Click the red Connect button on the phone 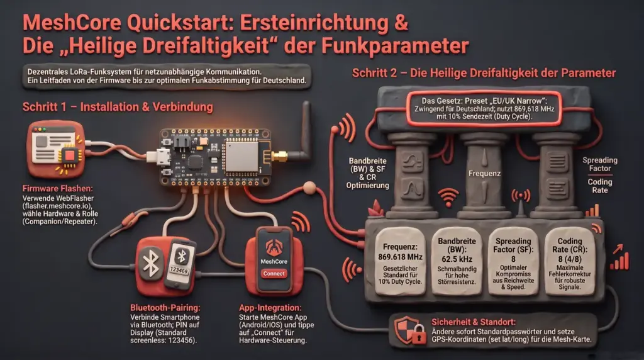click(x=274, y=274)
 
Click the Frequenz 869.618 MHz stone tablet click(x=400, y=262)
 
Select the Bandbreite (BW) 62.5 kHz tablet click(x=457, y=261)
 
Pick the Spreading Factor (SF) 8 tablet click(x=513, y=261)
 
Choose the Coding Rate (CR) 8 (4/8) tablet click(x=570, y=261)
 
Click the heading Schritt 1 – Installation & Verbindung click(x=118, y=107)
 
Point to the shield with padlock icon click(x=409, y=330)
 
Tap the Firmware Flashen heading click(x=57, y=189)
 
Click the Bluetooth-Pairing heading click(x=165, y=307)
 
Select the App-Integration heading click(x=270, y=307)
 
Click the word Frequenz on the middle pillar click(x=485, y=174)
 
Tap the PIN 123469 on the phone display click(x=179, y=270)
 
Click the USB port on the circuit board click(x=161, y=157)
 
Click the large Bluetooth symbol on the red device click(x=151, y=263)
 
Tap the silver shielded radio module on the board click(x=242, y=156)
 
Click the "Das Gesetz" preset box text click(x=484, y=108)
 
